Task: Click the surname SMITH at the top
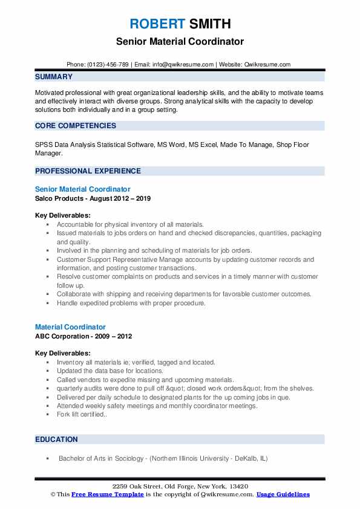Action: point(209,24)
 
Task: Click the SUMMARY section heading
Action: point(54,77)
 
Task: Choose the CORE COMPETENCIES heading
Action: point(76,126)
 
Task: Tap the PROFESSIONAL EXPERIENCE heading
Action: point(88,171)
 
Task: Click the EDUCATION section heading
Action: point(56,439)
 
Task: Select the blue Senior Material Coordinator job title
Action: point(83,189)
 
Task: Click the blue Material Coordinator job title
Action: point(70,327)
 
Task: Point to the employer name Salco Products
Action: point(59,198)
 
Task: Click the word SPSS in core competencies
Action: point(44,144)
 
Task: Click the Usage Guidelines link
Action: point(283,494)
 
